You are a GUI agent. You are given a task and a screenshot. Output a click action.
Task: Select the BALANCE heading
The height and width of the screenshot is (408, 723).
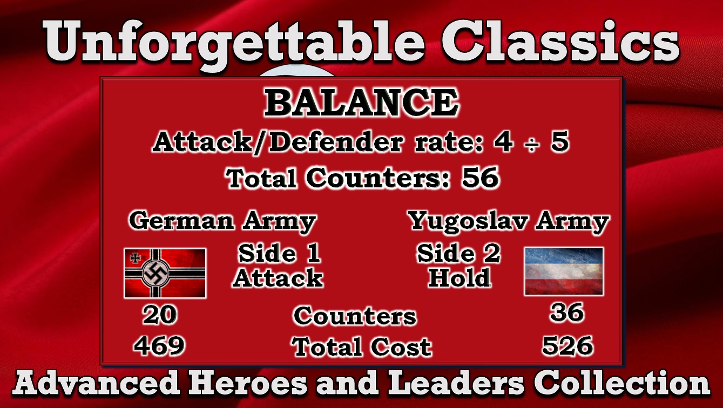click(x=361, y=103)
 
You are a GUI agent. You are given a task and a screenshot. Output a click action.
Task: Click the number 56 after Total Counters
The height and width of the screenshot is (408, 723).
click(x=480, y=178)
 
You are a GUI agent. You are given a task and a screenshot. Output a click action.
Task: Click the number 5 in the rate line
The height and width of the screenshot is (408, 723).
click(x=560, y=142)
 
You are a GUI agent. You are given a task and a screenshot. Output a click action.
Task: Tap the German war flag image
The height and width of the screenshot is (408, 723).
click(x=165, y=273)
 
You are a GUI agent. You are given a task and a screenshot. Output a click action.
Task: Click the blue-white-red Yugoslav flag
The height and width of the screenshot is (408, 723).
click(x=564, y=271)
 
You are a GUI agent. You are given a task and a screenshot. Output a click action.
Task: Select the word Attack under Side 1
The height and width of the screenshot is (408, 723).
click(x=278, y=278)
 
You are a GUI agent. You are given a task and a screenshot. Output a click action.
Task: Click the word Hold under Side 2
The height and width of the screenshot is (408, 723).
click(x=460, y=278)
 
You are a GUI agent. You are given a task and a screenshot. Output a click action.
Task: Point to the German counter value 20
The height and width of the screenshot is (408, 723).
click(x=160, y=315)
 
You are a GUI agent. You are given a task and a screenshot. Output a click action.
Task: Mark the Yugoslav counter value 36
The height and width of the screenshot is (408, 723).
click(x=567, y=312)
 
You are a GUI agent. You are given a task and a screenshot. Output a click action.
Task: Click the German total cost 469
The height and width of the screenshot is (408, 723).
click(x=159, y=345)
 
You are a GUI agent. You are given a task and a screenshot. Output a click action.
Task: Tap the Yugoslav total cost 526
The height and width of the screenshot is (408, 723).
click(x=567, y=345)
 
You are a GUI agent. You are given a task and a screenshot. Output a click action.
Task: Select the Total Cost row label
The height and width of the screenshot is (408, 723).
click(x=362, y=346)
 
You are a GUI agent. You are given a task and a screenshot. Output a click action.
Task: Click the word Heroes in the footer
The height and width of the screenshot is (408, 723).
click(x=247, y=383)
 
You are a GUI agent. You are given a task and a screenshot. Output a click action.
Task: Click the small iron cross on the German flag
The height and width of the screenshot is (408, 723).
click(x=135, y=257)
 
